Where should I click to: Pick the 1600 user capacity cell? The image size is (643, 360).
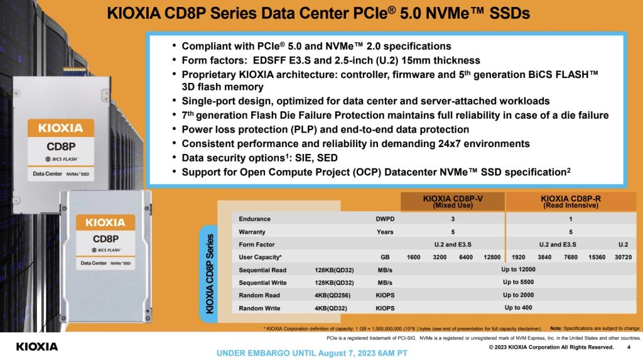point(413,258)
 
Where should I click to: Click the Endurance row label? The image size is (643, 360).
point(255,219)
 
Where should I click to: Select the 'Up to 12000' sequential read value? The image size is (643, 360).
point(519,270)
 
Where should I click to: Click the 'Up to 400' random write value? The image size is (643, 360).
point(518,308)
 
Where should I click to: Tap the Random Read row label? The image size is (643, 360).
point(260,295)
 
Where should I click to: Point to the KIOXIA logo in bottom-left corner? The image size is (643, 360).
point(36,346)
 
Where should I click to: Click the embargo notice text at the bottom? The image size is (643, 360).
point(312,352)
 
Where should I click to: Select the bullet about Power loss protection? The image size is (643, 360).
point(325,129)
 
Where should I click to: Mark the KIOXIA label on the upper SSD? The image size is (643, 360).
point(60,128)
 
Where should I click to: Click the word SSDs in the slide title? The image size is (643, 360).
point(509,13)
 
